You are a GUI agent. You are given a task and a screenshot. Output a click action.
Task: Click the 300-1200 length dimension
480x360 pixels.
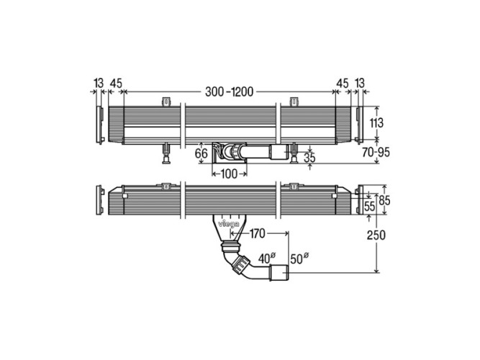point(229,91)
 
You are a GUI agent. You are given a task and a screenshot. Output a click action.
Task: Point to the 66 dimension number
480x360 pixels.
point(201,153)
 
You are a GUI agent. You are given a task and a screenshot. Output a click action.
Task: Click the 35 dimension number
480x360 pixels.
point(310,156)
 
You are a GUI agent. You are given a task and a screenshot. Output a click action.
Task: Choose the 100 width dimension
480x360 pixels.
point(230,174)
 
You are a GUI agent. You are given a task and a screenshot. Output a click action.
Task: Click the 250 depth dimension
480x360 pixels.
point(376,235)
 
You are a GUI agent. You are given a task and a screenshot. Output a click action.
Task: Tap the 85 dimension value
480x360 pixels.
point(385,201)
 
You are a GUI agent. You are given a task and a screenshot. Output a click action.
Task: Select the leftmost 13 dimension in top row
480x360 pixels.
point(96,84)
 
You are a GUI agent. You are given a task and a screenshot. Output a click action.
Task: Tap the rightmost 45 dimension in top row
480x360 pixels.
point(343,84)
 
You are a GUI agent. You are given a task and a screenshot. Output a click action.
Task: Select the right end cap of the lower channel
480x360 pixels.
point(358,201)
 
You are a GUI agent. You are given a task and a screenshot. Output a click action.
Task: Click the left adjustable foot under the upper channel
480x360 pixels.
point(166,152)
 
